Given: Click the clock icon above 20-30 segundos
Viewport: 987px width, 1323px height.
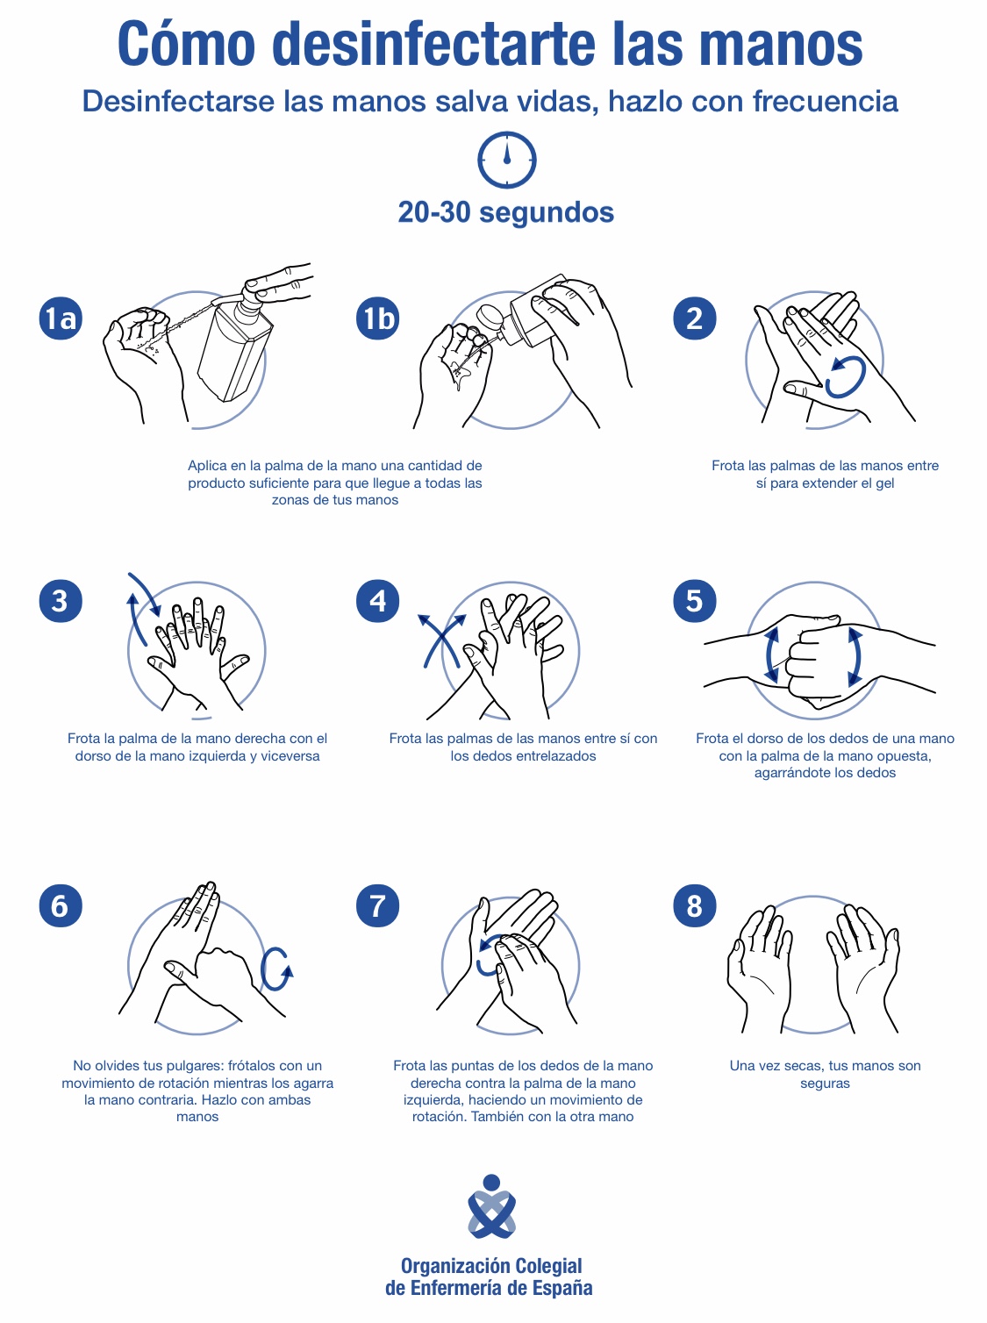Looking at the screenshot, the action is point(506,160).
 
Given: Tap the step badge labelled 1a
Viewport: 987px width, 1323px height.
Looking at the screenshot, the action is point(61,318).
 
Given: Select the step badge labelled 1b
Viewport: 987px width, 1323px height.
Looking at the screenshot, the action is point(377,318).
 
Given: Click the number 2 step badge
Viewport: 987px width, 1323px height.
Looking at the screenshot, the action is point(694,318).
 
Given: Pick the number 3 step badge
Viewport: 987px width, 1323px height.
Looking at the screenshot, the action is point(61,600).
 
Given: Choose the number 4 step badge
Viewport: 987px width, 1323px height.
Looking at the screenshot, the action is point(377,600).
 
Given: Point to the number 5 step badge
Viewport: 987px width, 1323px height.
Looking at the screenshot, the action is point(694,600).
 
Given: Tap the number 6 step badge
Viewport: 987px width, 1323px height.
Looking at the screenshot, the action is point(61,905).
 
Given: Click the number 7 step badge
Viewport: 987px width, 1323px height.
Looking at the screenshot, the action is point(377,905).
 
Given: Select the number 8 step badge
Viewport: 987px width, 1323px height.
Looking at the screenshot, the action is point(694,905).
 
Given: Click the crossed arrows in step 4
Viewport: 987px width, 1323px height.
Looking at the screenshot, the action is point(443,640).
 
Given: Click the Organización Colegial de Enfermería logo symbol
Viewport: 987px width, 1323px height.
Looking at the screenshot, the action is point(491,1206).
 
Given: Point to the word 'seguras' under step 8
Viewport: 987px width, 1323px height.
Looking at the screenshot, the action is point(825,1083).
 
